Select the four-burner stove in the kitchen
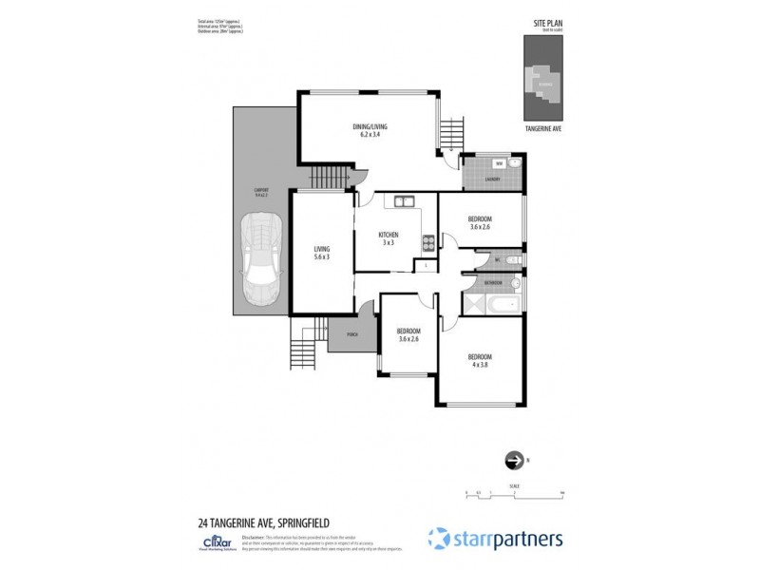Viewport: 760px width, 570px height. click(428, 242)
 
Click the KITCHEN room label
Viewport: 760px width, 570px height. click(388, 235)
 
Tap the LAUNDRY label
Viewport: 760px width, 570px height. click(492, 179)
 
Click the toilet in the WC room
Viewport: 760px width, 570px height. click(514, 259)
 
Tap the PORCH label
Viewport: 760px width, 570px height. click(351, 334)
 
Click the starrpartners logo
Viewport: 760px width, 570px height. click(495, 539)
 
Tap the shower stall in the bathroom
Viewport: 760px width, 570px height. click(472, 304)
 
